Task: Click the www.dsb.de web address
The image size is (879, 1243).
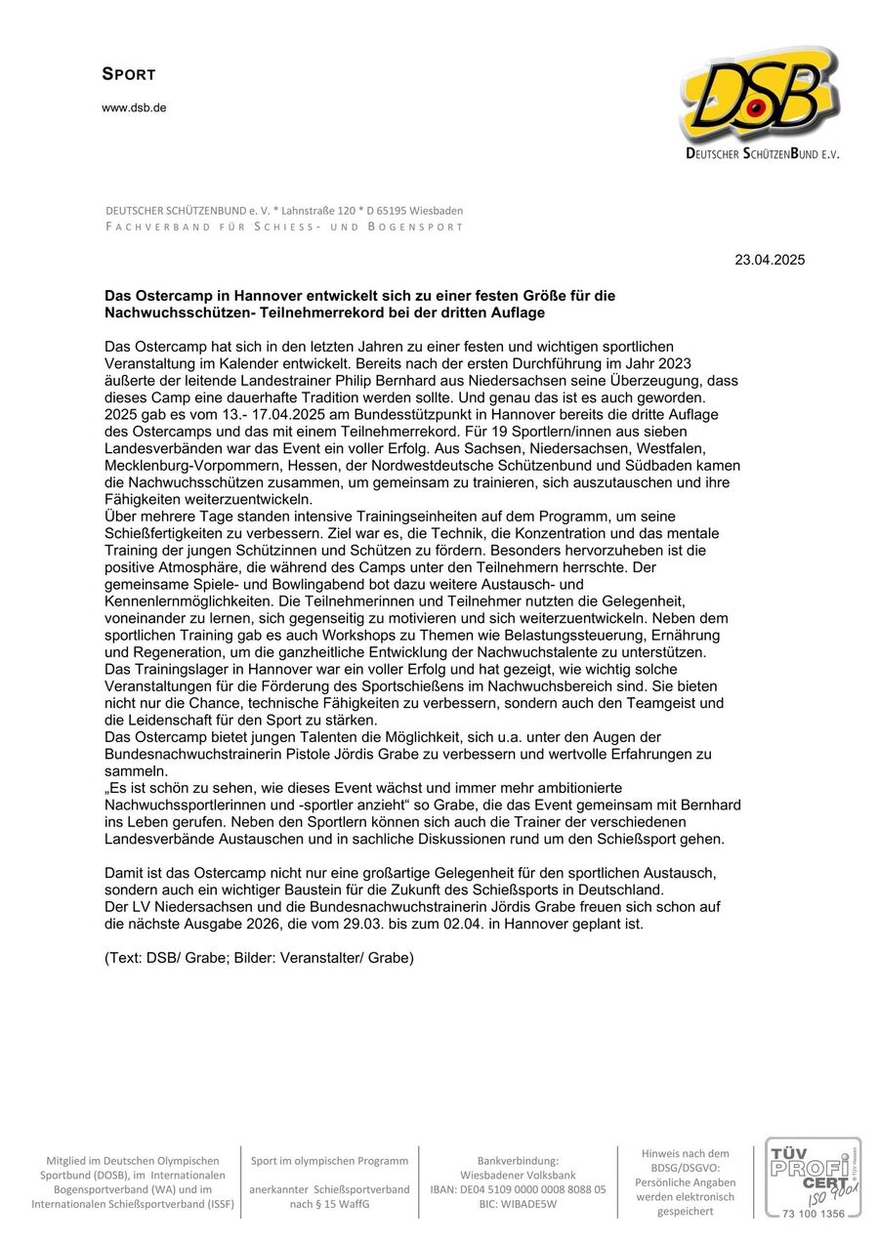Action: (x=134, y=108)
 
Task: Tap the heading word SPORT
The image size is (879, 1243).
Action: (x=129, y=74)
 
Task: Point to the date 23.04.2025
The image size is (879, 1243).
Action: (x=770, y=260)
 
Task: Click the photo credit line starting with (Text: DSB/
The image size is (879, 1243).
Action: (x=259, y=958)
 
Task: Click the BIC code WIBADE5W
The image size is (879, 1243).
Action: (x=519, y=1204)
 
